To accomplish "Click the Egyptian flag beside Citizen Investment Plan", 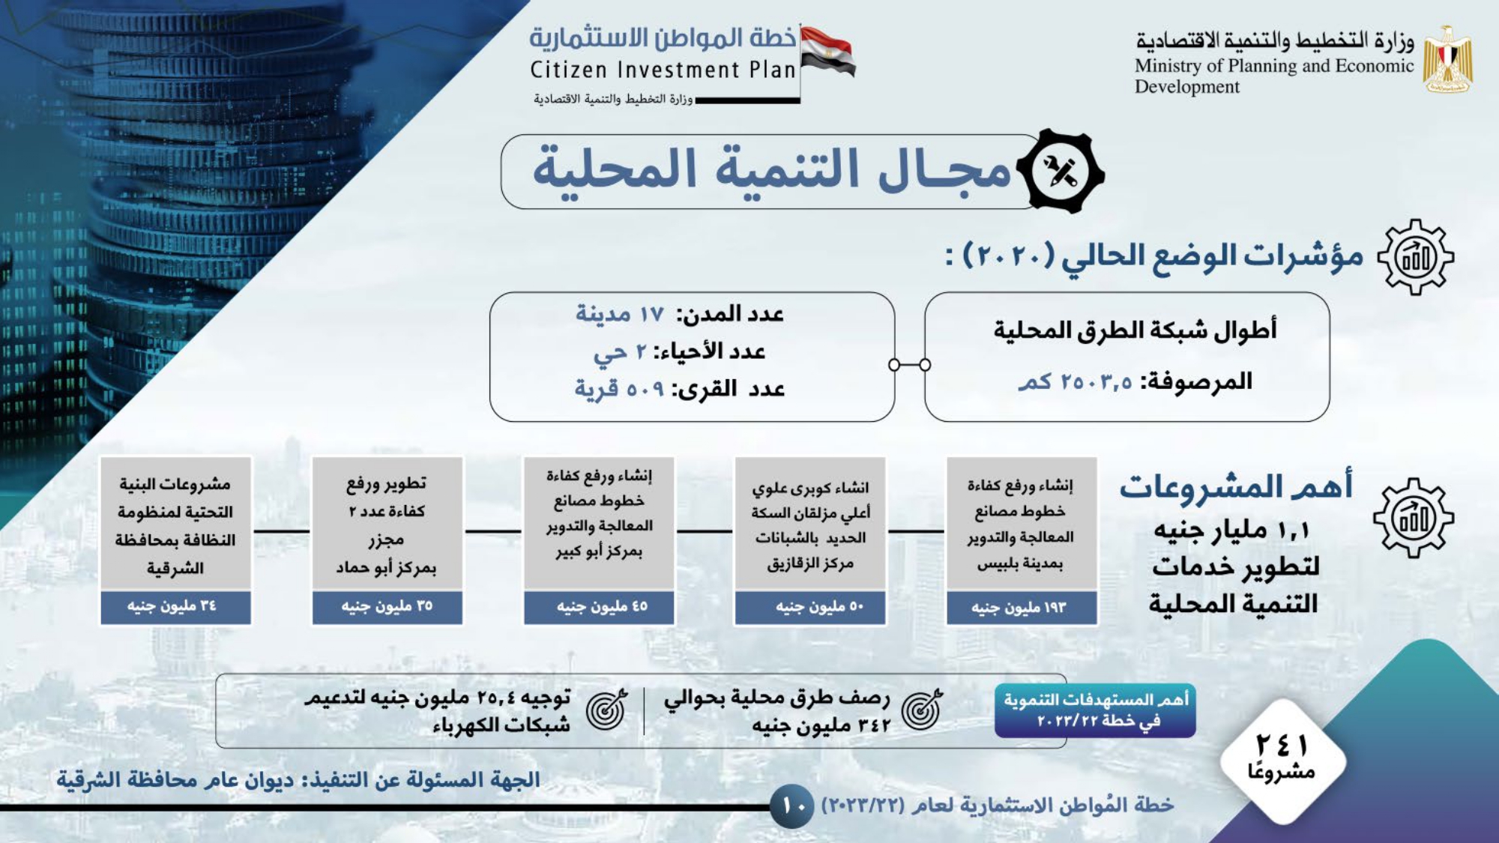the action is (827, 51).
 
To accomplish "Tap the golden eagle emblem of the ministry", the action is (1448, 60).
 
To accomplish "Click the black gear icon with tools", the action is (1061, 172).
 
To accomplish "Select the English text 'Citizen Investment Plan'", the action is (663, 70).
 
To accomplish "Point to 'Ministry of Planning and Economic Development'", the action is (1273, 76).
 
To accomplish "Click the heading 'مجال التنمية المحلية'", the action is (772, 169).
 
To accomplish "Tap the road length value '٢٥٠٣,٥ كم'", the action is (1075, 381).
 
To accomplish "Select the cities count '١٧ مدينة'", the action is (620, 314).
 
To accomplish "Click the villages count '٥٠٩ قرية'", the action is (620, 389).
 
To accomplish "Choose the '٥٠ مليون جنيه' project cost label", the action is (810, 607).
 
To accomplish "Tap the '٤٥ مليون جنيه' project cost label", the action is (599, 607).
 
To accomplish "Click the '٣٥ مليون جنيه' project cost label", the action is (387, 606).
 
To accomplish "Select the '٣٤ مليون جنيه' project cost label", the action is (175, 606).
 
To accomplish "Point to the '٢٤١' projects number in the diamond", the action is (1282, 746).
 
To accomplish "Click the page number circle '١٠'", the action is (792, 806).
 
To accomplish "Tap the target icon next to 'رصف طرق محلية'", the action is (922, 710).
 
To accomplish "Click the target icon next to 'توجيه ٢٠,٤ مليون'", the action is (607, 710).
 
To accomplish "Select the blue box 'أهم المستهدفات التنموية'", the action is (1095, 710).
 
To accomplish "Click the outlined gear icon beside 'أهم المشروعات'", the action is (1414, 518).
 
